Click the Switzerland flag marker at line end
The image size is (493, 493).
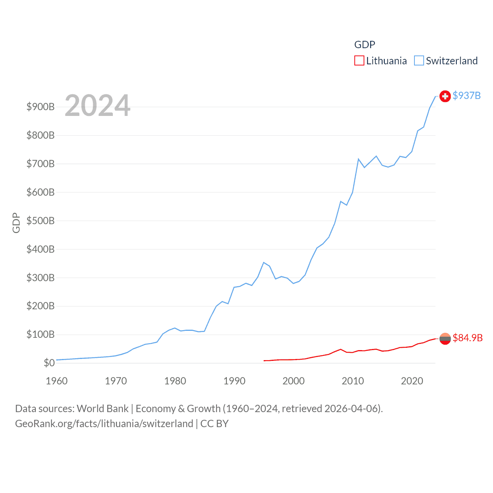point(445,96)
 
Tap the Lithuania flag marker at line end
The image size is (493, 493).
point(445,339)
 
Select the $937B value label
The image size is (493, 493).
point(466,96)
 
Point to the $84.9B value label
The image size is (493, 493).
point(468,338)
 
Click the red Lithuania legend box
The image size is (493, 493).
point(359,61)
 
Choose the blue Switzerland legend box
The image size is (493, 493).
point(419,61)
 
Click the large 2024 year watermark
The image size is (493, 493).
point(97,106)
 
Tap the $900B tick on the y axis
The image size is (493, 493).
point(40,107)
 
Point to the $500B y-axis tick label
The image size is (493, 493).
point(40,221)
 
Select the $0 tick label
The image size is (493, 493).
point(49,363)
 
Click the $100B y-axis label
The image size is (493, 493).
point(40,334)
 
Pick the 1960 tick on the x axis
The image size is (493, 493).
point(57,381)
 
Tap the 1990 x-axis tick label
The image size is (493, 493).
point(234,381)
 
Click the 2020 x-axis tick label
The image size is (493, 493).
point(412,381)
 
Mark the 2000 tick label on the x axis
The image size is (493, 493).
point(293,381)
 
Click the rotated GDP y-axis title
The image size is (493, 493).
point(16,223)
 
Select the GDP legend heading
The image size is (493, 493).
point(364,45)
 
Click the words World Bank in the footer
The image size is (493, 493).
point(102,409)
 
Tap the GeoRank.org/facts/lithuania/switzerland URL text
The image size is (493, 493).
point(104,424)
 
